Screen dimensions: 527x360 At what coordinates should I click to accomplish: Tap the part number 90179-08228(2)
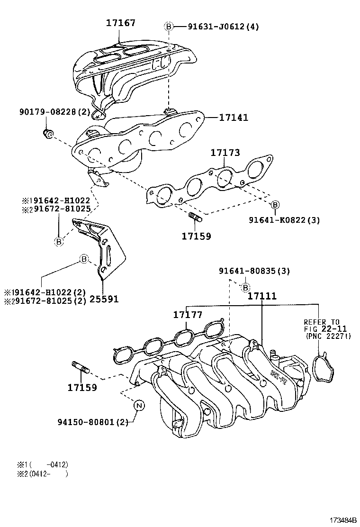click(x=55, y=112)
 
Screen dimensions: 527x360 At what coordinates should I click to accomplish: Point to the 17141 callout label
click(x=234, y=117)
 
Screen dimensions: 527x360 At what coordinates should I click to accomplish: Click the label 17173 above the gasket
click(x=225, y=153)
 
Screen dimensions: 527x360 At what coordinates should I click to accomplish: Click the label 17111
click(x=262, y=296)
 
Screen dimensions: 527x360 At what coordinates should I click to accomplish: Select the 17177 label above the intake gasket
click(x=187, y=315)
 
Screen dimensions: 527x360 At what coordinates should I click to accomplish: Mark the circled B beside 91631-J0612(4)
click(x=168, y=27)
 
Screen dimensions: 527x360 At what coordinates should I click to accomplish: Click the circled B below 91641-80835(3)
click(x=245, y=287)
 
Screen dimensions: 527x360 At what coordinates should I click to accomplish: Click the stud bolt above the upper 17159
click(x=195, y=218)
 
